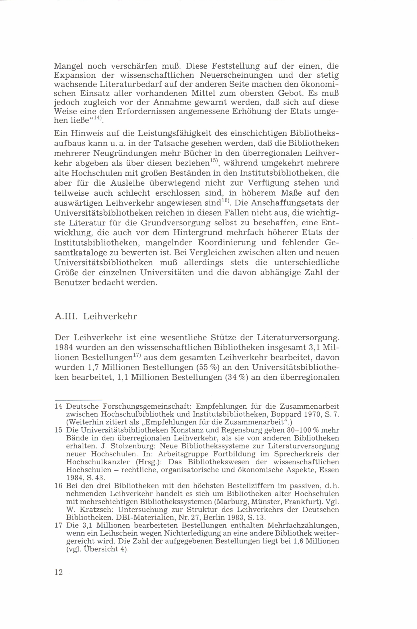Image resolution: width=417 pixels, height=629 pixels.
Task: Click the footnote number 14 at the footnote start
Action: (x=58, y=407)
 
